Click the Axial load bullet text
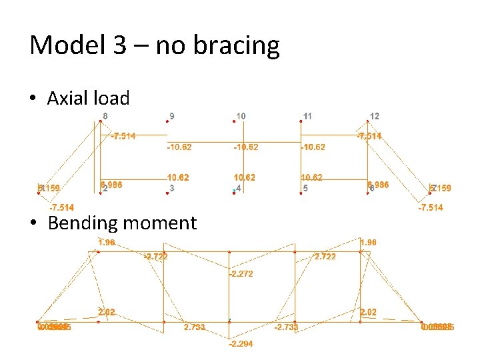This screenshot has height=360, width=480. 88,99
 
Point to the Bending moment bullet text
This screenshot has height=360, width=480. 121,223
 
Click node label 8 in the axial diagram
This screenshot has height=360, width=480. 105,115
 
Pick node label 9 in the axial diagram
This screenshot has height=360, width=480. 172,115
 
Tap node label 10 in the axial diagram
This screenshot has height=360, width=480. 241,115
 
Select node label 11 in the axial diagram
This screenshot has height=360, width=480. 307,116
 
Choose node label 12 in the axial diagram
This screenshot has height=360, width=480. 375,116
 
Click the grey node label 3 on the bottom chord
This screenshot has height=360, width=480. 172,189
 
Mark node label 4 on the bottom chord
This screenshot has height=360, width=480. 238,189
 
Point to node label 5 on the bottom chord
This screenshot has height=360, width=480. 305,189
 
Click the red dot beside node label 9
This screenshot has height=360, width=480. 166,121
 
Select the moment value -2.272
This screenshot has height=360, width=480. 241,274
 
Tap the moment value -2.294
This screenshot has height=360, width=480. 241,344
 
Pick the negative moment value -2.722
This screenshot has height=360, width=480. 156,256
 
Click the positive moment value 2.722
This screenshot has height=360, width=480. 325,256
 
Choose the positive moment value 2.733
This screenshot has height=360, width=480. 194,327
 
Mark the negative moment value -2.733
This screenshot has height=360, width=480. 286,327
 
